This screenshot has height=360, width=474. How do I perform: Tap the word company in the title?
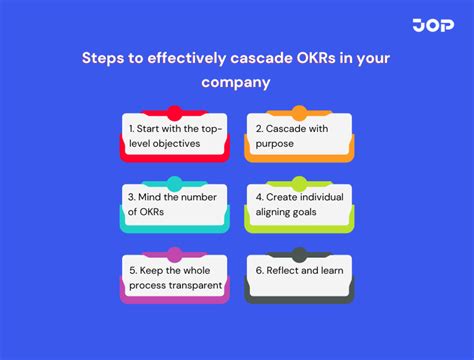pyautogui.click(x=237, y=84)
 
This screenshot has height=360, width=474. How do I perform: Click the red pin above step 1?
pyautogui.click(x=175, y=113)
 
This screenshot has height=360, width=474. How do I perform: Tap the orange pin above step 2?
pyautogui.click(x=299, y=113)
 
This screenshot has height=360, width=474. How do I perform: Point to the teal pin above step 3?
pyautogui.click(x=175, y=184)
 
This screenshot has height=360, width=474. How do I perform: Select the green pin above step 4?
pyautogui.click(x=299, y=184)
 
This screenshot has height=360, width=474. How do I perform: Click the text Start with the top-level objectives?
pyautogui.click(x=175, y=136)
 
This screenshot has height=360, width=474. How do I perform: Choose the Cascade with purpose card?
pyautogui.click(x=299, y=136)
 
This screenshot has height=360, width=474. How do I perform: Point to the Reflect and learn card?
pyautogui.click(x=299, y=272)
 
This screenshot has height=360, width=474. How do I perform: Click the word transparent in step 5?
pyautogui.click(x=196, y=285)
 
